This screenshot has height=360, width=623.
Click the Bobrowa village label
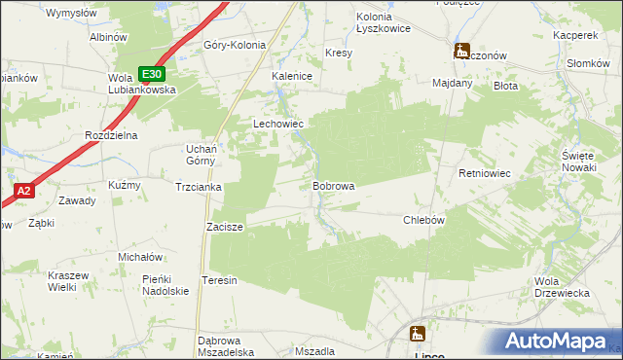(x=333, y=185)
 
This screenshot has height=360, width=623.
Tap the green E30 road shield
(x=151, y=73)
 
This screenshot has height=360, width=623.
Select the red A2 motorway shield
(x=24, y=192)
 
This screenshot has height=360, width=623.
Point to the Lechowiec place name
(x=279, y=125)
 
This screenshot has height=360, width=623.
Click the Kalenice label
(x=291, y=75)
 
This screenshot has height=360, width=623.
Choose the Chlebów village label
(x=423, y=220)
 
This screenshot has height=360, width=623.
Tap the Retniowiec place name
(x=485, y=173)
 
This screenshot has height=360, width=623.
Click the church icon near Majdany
(x=461, y=50)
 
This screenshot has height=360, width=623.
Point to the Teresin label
(x=219, y=280)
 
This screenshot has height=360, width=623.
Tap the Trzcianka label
(x=200, y=186)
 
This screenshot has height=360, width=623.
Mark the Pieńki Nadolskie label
(x=165, y=285)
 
